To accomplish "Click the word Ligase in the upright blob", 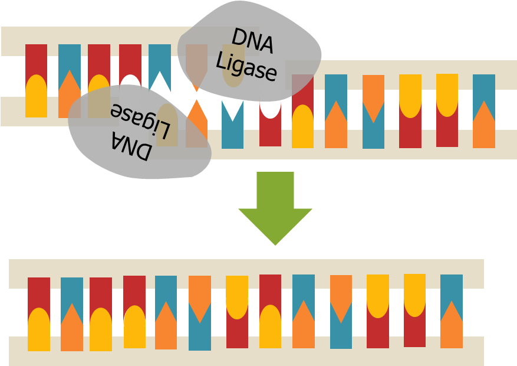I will [x=246, y=67].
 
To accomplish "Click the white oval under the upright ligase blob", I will [x=270, y=102].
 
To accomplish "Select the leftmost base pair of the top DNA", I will [x=36, y=81].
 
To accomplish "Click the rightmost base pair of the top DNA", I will [x=484, y=111].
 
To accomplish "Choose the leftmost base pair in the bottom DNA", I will [x=39, y=313].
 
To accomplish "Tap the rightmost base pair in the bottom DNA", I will [x=452, y=311].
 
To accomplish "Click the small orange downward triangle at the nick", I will [x=196, y=86].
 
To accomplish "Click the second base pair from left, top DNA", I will [x=70, y=81].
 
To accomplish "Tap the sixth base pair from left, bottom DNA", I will [x=200, y=313].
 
